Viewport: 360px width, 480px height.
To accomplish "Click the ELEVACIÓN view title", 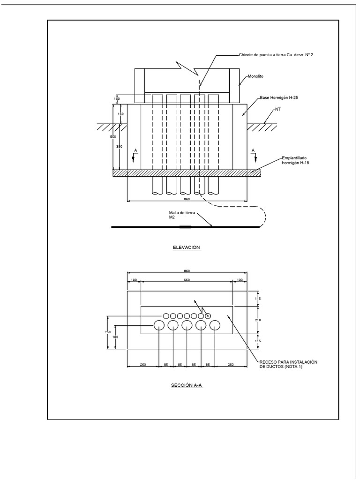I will (x=186, y=247).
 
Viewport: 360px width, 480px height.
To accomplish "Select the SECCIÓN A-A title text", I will (x=187, y=385).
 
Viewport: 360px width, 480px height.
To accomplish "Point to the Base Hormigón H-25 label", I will (x=278, y=98).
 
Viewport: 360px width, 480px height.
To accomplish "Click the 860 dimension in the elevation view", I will (x=187, y=199).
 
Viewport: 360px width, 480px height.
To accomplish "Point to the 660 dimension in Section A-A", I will (x=187, y=280).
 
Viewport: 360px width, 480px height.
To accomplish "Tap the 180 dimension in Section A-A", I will (x=115, y=337).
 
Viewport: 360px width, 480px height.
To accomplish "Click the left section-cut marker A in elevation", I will (x=135, y=151).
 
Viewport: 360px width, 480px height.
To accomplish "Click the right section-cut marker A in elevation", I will (x=254, y=151).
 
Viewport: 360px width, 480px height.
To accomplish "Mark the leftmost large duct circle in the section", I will (x=159, y=325).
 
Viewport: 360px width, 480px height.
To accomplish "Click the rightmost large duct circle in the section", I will (x=215, y=325).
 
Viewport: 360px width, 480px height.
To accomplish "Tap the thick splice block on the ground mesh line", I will (x=185, y=227).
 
